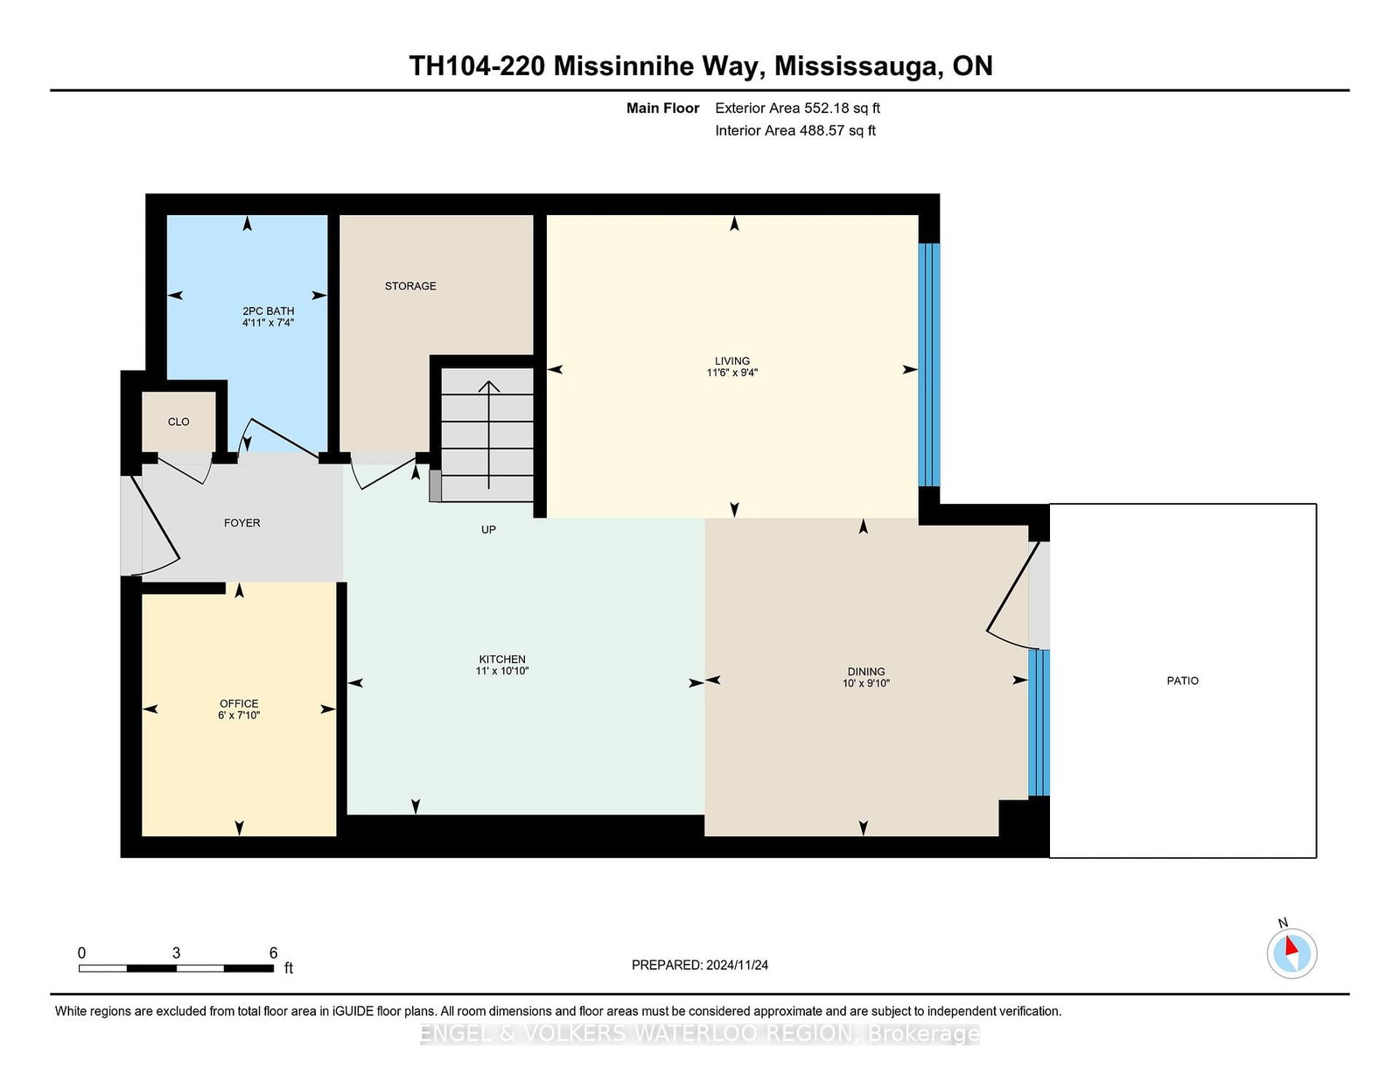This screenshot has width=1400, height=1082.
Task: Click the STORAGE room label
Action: [410, 286]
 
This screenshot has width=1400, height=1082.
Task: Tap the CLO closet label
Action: [178, 422]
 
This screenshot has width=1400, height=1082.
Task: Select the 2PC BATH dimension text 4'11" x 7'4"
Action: [268, 323]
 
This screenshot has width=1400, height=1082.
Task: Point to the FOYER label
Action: [242, 523]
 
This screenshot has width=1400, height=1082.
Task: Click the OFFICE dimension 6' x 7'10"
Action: [239, 715]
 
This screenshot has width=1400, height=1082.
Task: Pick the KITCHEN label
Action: [502, 659]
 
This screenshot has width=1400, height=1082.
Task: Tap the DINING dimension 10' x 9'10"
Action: [866, 683]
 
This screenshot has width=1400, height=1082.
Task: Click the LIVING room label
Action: [732, 360]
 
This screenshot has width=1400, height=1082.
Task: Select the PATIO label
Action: [1183, 681]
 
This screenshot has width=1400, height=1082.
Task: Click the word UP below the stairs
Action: [488, 529]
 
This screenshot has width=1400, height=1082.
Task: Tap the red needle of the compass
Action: [1291, 946]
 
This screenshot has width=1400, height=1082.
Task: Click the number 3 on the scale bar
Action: [176, 953]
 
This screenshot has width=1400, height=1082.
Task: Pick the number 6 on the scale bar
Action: [273, 953]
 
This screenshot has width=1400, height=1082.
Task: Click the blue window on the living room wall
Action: [929, 365]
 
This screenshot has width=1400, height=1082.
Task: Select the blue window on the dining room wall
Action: [1039, 722]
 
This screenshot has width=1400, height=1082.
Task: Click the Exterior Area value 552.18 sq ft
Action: [842, 108]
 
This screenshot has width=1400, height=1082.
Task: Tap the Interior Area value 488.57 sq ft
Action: [837, 130]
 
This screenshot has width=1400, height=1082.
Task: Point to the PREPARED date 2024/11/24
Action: [737, 965]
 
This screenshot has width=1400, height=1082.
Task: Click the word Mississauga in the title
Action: [856, 66]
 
